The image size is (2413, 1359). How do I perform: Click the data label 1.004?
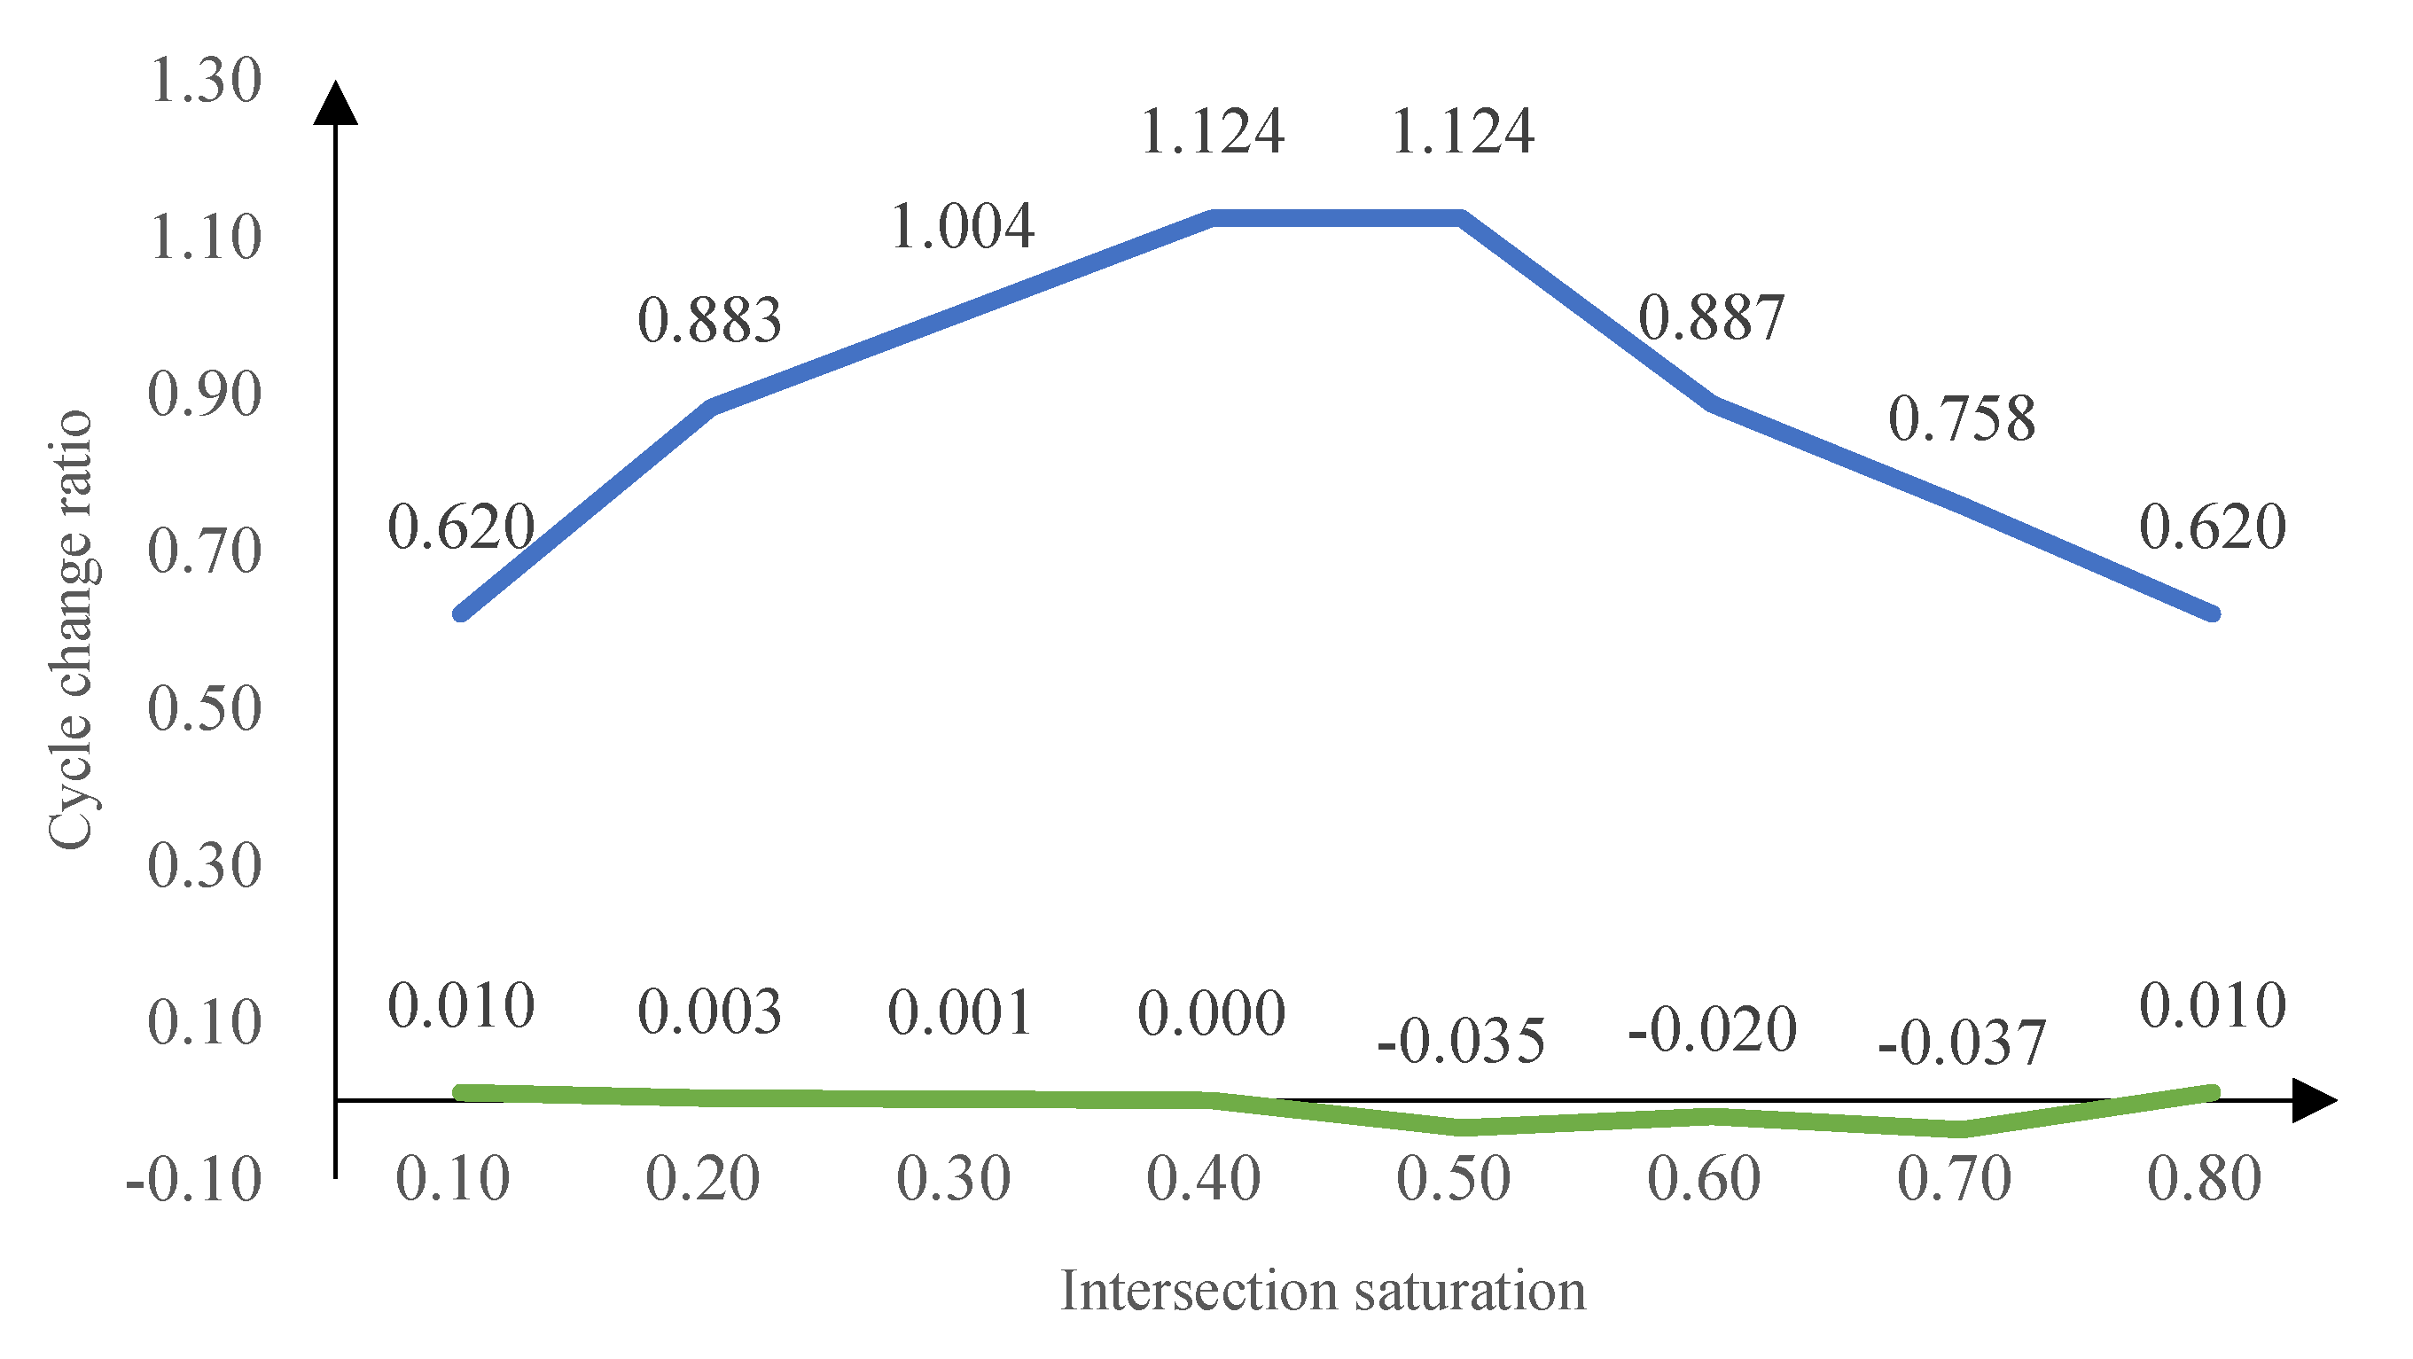tap(962, 227)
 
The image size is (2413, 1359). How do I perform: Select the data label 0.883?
tap(710, 320)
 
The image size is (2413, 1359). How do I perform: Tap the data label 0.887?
tap(1712, 317)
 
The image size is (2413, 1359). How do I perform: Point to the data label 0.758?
tap(1962, 418)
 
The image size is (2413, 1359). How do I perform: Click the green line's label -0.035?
tap(1460, 1041)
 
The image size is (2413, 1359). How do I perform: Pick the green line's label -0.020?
tap(1713, 1030)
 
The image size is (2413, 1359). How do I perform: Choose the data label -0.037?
tap(1962, 1043)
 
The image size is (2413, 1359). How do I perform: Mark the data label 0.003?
tap(710, 1012)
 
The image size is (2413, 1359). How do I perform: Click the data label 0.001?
tap(960, 1013)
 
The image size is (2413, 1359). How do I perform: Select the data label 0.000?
tap(1211, 1013)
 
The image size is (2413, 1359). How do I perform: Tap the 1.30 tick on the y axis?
tap(205, 81)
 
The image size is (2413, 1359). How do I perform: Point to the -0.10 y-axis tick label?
tap(194, 1180)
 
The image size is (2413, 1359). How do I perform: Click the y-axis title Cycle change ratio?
tap(71, 630)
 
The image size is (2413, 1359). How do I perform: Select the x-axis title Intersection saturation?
tap(1323, 1291)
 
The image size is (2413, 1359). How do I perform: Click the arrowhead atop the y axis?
tap(335, 102)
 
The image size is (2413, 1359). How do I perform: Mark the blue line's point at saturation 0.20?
tap(713, 408)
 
